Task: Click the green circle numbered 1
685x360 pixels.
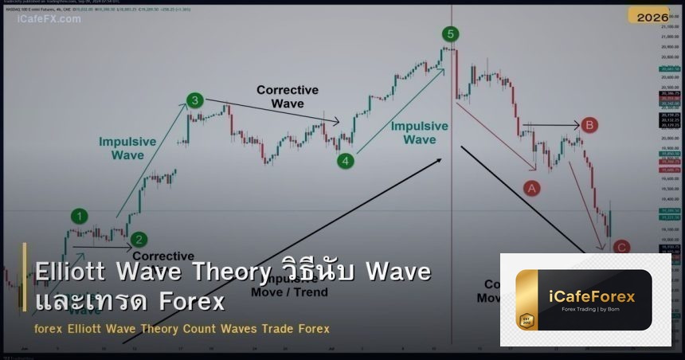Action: pos(79,215)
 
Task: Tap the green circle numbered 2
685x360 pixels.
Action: pos(139,239)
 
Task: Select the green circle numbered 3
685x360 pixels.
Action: pos(195,100)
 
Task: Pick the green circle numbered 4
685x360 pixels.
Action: pos(345,161)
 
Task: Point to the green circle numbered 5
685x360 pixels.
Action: pos(451,33)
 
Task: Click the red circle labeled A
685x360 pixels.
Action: pos(531,188)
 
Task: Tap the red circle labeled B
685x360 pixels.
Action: pos(589,125)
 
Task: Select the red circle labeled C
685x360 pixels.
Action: pos(622,248)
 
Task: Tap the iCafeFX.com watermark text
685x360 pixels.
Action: pos(49,18)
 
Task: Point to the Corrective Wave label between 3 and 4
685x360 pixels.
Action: pos(287,96)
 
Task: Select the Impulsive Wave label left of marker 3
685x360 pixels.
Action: pos(127,148)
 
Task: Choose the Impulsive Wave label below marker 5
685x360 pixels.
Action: pos(420,132)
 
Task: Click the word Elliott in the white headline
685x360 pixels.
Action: pos(72,272)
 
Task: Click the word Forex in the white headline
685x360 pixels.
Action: pos(191,302)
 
